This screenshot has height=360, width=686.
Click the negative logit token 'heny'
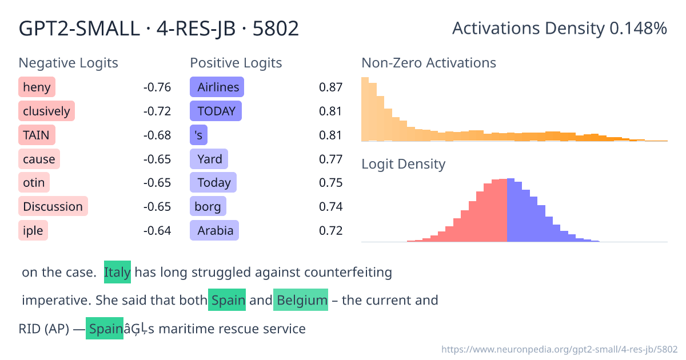(x=37, y=87)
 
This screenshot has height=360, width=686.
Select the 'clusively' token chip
(x=46, y=111)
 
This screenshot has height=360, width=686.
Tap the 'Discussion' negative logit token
(x=53, y=206)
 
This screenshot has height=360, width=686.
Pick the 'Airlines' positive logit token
(x=217, y=87)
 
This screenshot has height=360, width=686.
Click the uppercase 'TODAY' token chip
(x=216, y=111)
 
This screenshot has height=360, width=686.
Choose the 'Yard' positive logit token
(x=209, y=159)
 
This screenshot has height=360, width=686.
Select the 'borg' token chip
(x=208, y=206)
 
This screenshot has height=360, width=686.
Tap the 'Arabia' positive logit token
(x=214, y=230)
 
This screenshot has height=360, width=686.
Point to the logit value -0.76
(x=157, y=87)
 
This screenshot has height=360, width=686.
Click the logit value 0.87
(x=330, y=87)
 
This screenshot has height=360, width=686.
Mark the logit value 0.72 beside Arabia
(x=330, y=230)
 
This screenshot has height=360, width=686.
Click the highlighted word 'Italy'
(x=117, y=272)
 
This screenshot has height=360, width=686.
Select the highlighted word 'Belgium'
(x=301, y=300)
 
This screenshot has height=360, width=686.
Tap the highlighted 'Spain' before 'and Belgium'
(x=227, y=300)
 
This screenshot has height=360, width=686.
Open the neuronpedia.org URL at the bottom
(x=560, y=349)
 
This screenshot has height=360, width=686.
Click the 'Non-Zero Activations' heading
(x=429, y=63)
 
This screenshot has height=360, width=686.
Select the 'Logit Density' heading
(x=403, y=165)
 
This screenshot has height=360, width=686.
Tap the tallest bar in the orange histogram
(x=365, y=109)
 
